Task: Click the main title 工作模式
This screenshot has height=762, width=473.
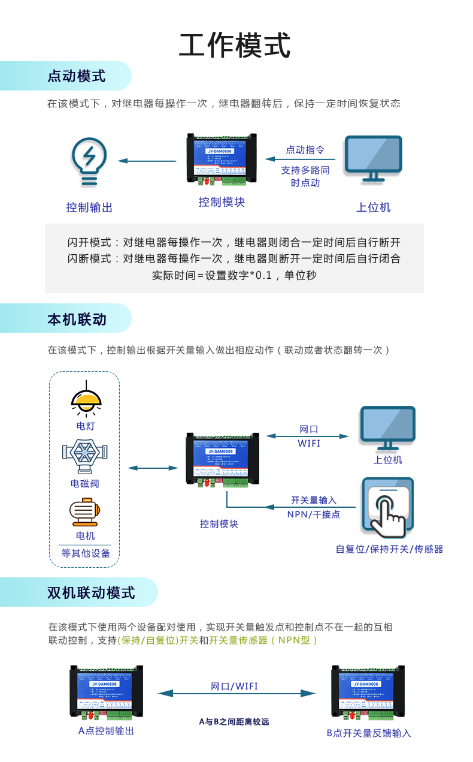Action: (235, 46)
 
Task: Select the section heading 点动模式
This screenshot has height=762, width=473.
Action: (76, 77)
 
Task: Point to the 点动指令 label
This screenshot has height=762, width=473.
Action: (305, 150)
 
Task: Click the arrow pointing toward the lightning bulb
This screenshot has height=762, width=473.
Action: (147, 161)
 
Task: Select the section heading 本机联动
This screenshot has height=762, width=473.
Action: (77, 320)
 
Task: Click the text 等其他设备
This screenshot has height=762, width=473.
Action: (86, 553)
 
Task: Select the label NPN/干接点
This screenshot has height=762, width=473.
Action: (313, 514)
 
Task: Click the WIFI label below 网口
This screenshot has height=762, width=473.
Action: (309, 444)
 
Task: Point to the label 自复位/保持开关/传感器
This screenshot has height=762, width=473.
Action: (389, 549)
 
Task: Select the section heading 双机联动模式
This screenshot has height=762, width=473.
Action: (91, 593)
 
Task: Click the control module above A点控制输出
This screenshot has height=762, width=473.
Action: (106, 692)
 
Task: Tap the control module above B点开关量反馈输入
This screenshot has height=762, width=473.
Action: (368, 692)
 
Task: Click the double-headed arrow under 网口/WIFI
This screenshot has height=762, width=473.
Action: (236, 694)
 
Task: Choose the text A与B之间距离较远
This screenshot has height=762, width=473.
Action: (234, 722)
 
